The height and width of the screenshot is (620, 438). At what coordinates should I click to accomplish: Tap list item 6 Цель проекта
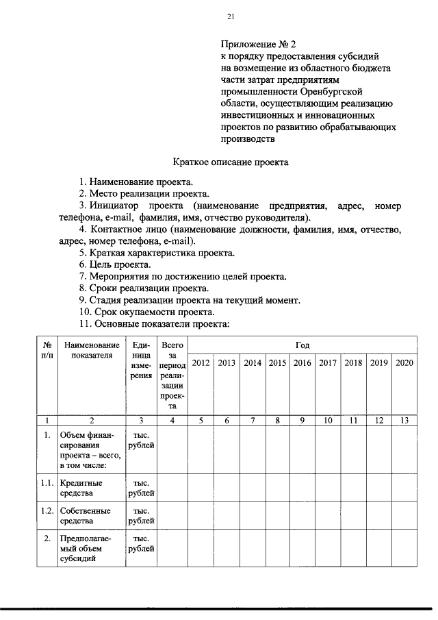(115, 264)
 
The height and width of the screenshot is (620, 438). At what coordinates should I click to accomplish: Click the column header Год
(302, 345)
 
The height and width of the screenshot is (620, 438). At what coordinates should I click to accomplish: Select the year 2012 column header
(201, 363)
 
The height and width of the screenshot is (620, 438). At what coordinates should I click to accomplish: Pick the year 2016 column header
(302, 363)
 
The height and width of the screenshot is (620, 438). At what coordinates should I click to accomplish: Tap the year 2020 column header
(404, 363)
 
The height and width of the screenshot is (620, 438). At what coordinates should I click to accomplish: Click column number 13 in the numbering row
(404, 421)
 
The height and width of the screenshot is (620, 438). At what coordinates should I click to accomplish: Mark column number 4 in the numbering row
(172, 421)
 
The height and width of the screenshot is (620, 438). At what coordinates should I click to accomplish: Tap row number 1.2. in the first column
(47, 511)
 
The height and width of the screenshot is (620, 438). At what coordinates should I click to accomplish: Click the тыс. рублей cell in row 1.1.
(141, 487)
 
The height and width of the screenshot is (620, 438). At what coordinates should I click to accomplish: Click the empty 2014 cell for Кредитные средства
(253, 487)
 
